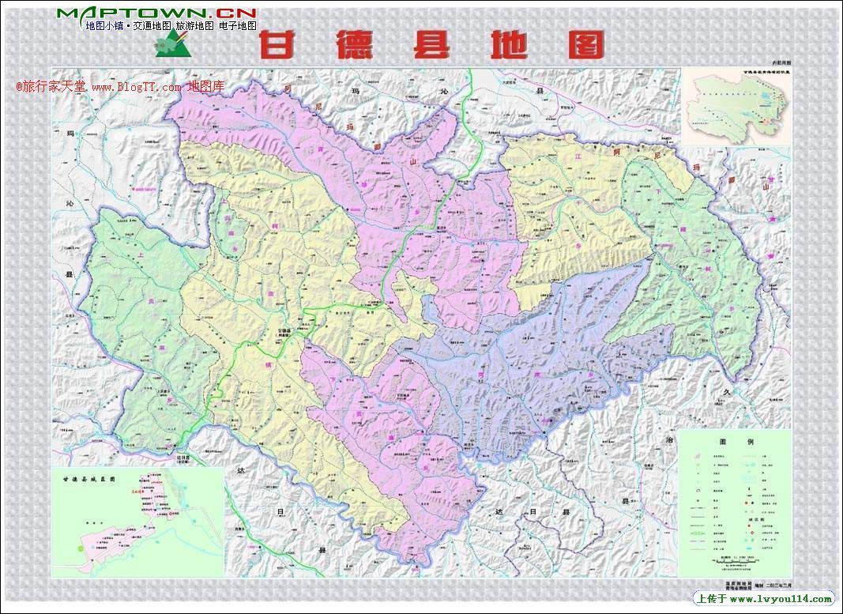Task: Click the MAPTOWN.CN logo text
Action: click(156, 13)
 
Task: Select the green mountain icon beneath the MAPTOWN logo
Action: click(175, 44)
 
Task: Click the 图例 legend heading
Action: click(735, 442)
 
